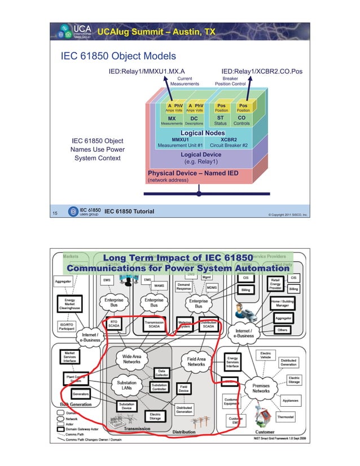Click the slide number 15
55,213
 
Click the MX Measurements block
172,121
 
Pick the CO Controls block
242,121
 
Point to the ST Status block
220,121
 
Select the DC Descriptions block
194,121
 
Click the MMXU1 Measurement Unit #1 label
180,142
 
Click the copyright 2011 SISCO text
287,215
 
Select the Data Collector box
162,373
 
